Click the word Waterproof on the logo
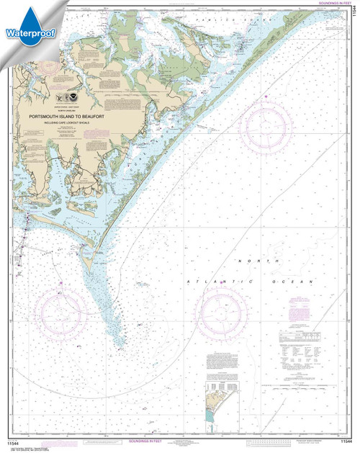[24, 32]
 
